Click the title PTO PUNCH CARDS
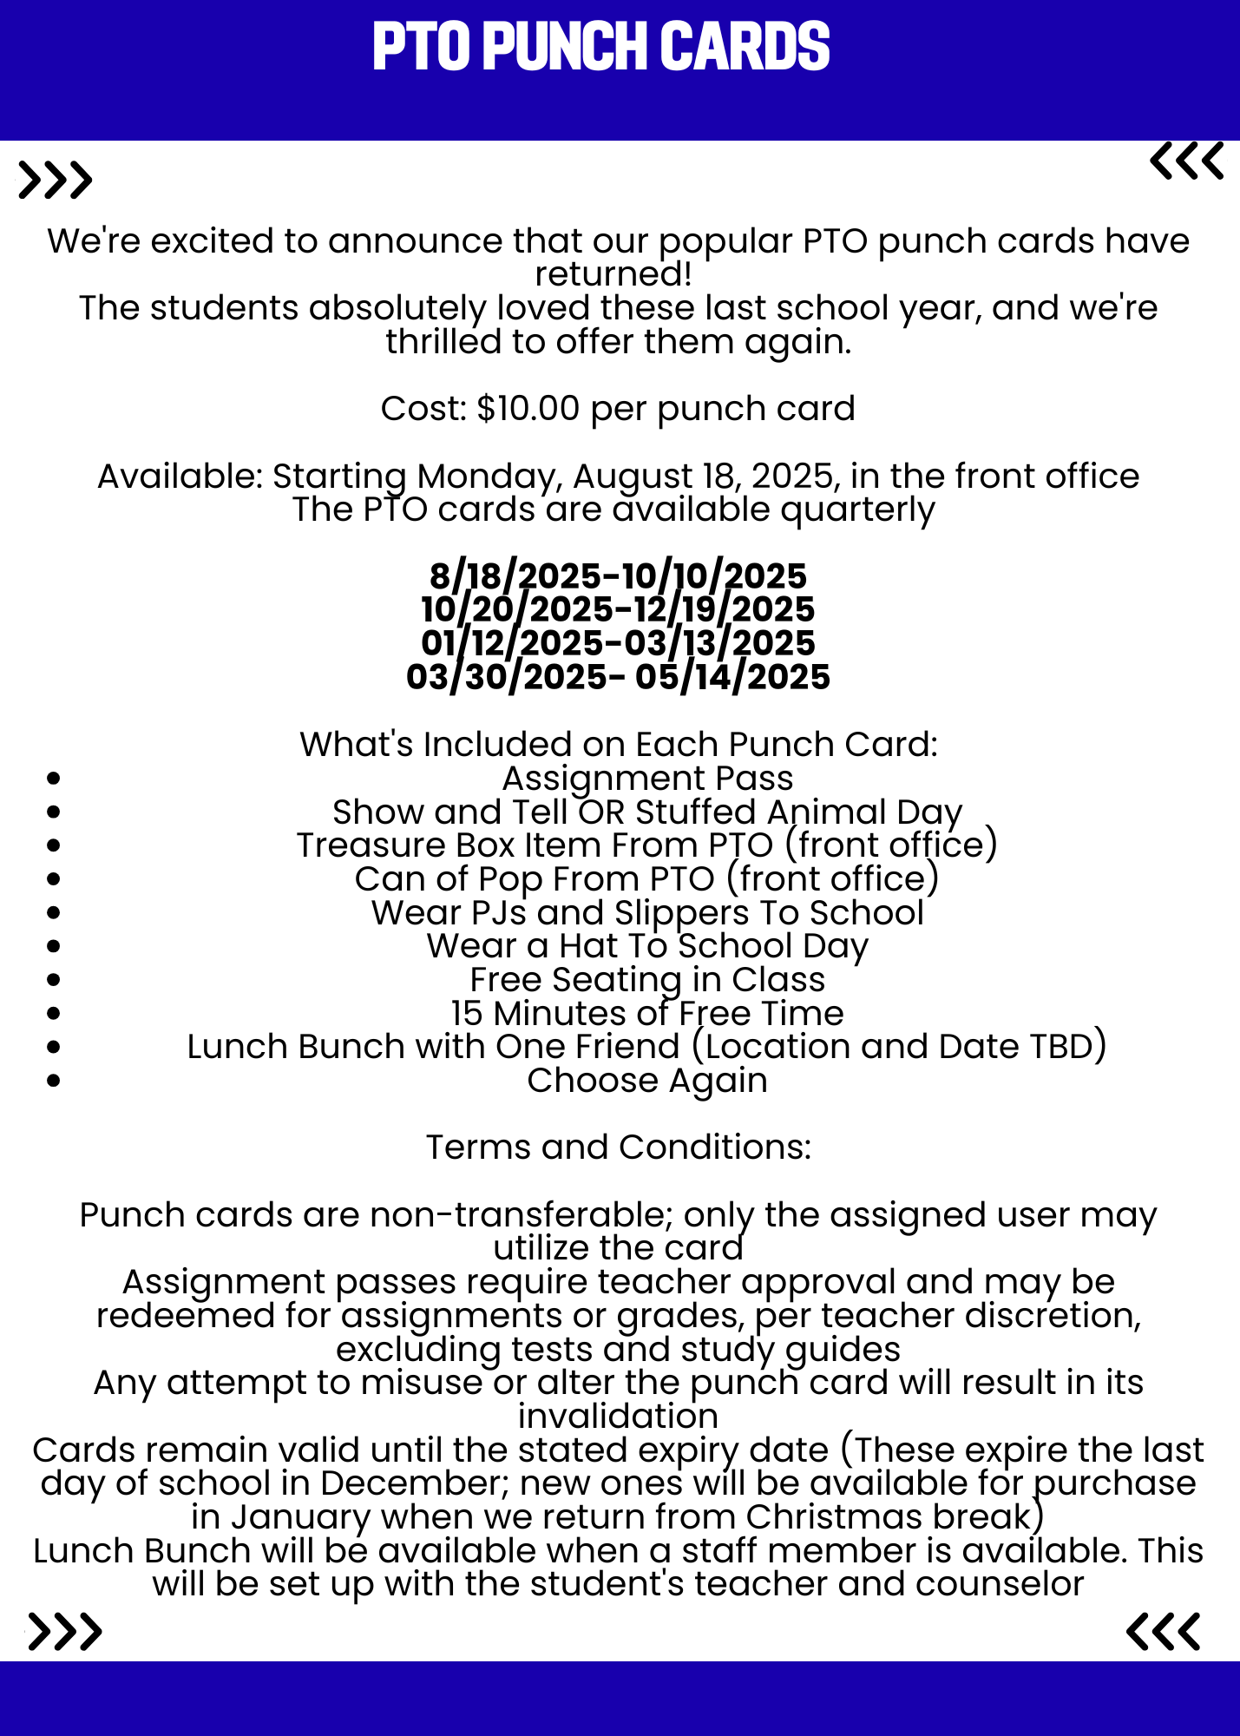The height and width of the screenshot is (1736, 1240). (600, 47)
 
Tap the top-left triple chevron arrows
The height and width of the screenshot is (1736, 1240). (55, 181)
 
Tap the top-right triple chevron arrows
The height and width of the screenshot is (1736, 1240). (1186, 161)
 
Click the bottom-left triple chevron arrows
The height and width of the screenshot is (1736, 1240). (65, 1632)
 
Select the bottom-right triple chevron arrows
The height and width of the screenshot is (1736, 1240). (1164, 1632)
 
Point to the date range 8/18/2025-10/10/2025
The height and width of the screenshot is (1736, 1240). (618, 576)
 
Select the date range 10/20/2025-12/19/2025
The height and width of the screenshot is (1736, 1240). (618, 609)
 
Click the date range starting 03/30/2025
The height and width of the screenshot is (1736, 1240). (618, 677)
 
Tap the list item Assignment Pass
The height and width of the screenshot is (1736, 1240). (647, 779)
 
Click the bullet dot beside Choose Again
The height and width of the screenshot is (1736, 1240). (54, 1081)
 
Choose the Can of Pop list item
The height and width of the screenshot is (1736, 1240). (647, 879)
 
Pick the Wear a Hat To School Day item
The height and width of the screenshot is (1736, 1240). (647, 946)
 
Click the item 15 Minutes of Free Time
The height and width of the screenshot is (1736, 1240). (647, 1014)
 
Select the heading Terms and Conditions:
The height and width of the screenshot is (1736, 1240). (618, 1147)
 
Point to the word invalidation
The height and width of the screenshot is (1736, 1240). (618, 1417)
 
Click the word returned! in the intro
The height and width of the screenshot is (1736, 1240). (613, 274)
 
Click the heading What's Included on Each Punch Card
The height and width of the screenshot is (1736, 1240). (618, 745)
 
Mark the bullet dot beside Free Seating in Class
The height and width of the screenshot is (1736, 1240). (54, 980)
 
